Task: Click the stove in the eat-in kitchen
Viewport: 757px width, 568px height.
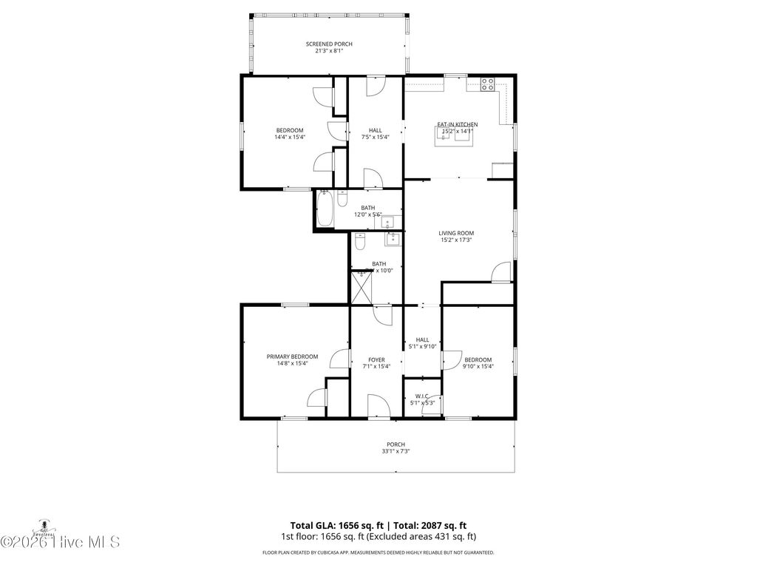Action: pyautogui.click(x=488, y=84)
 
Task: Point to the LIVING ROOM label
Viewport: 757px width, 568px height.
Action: pyautogui.click(x=456, y=233)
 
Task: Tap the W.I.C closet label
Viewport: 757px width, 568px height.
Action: pyautogui.click(x=422, y=396)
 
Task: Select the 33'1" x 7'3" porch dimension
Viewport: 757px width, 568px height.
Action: pyautogui.click(x=396, y=451)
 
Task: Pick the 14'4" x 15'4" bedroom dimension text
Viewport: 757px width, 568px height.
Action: pyautogui.click(x=290, y=137)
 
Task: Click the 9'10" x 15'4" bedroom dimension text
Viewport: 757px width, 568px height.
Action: pyautogui.click(x=478, y=366)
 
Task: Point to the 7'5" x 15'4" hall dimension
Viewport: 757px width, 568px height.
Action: pyautogui.click(x=376, y=137)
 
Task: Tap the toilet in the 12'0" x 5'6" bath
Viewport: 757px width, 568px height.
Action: pyautogui.click(x=342, y=199)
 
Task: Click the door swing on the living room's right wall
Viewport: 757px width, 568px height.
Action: pyautogui.click(x=502, y=272)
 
